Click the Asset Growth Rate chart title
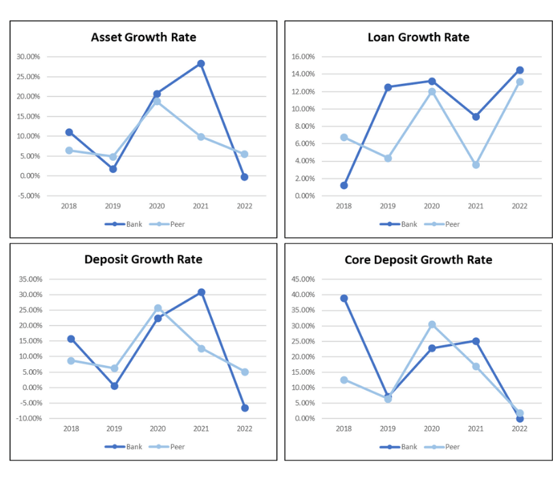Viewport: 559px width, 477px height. pyautogui.click(x=143, y=37)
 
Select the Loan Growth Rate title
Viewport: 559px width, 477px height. pyautogui.click(x=419, y=37)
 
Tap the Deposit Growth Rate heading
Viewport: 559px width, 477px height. pyautogui.click(x=143, y=260)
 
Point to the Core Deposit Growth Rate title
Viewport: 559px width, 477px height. pyautogui.click(x=419, y=260)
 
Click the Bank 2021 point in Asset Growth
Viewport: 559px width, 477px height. pyautogui.click(x=200, y=63)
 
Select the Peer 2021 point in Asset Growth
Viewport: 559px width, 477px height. pyautogui.click(x=200, y=137)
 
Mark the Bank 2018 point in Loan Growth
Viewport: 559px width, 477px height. pyautogui.click(x=344, y=185)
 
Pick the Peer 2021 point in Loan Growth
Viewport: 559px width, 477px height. pyautogui.click(x=476, y=165)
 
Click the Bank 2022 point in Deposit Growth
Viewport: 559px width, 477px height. pyautogui.click(x=245, y=408)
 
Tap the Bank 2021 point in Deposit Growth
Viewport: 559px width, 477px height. pyautogui.click(x=201, y=292)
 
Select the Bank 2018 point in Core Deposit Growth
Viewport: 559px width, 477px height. pyautogui.click(x=344, y=298)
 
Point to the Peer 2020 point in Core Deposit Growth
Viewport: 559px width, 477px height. pyautogui.click(x=432, y=324)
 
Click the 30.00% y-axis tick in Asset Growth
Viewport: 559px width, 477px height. pyautogui.click(x=28, y=57)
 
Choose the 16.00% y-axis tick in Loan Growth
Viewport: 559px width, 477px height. pyautogui.click(x=302, y=57)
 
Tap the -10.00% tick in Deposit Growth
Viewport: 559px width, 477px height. pyautogui.click(x=28, y=418)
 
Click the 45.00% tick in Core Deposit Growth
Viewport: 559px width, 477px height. pyautogui.click(x=302, y=279)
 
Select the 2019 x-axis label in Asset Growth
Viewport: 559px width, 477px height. pyautogui.click(x=113, y=205)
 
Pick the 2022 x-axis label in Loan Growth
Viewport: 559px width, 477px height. pyautogui.click(x=519, y=205)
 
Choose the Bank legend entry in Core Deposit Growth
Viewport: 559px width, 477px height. pyautogui.click(x=401, y=447)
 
